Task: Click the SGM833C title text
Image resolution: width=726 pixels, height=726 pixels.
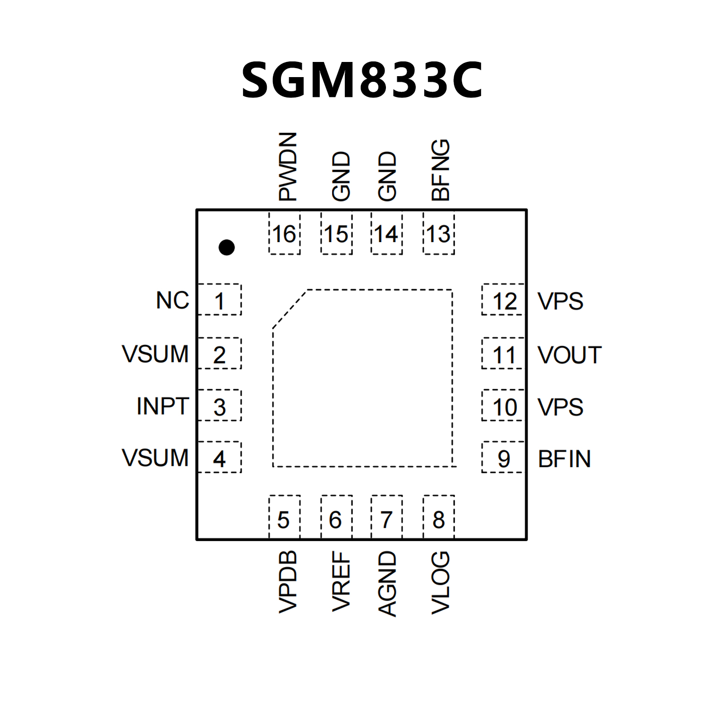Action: (x=362, y=80)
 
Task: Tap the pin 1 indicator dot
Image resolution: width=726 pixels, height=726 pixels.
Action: (x=227, y=247)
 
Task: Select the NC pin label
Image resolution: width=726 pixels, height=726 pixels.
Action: (x=173, y=300)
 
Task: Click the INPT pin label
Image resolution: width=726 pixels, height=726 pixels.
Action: (x=163, y=406)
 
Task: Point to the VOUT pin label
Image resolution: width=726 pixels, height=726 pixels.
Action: (x=569, y=355)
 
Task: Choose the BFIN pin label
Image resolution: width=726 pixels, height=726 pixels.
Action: (x=564, y=459)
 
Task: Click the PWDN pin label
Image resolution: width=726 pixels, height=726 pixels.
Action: (x=288, y=166)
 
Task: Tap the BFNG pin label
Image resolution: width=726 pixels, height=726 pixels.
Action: (x=441, y=170)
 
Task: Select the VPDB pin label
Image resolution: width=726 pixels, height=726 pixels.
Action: (x=288, y=582)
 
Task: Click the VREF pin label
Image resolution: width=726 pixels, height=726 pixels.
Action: (x=341, y=582)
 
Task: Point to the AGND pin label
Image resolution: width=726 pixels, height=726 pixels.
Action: (x=387, y=584)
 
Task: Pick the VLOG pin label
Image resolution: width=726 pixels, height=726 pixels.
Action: (x=441, y=583)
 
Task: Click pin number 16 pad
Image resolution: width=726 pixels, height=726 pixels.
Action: (x=284, y=234)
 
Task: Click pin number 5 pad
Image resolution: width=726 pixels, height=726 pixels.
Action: (x=284, y=519)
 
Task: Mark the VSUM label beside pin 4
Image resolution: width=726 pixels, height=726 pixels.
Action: (x=155, y=458)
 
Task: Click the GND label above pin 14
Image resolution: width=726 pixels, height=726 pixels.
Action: (x=387, y=176)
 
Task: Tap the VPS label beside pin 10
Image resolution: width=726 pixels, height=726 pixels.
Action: (x=560, y=407)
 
